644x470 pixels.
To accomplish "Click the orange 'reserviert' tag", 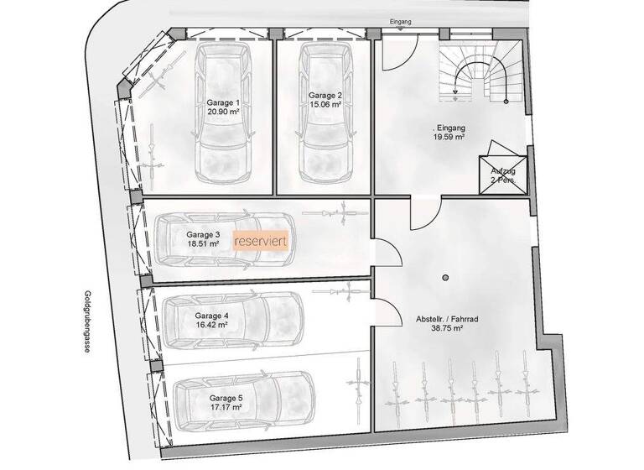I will (x=262, y=241).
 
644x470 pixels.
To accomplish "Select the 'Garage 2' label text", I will (x=324, y=95).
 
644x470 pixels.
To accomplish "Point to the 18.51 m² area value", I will (x=203, y=244).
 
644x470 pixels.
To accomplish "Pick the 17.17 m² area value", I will (x=226, y=406).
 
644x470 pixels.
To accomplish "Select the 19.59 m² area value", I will (x=449, y=138).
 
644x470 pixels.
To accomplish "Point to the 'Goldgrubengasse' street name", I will (x=86, y=324).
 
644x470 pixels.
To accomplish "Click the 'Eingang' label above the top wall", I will (x=401, y=21).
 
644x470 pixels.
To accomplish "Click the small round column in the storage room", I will (x=446, y=277).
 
